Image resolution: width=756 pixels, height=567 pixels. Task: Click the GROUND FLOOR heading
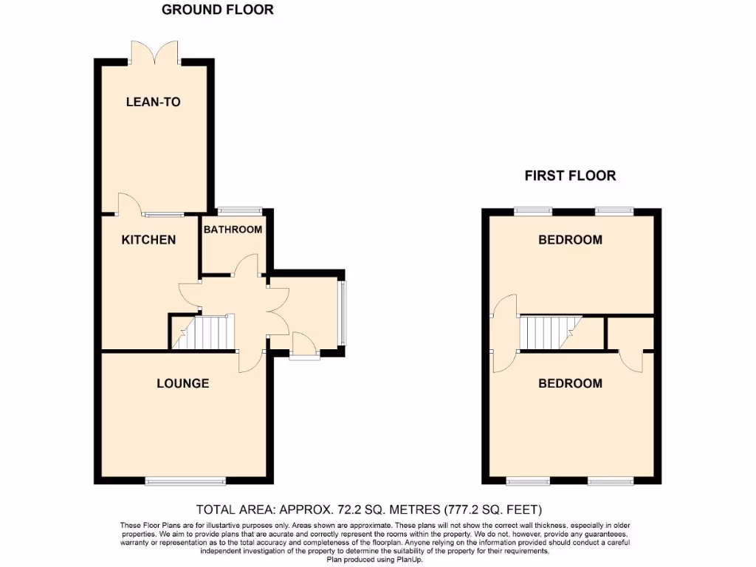217,10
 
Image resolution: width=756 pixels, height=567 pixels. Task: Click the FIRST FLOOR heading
570,176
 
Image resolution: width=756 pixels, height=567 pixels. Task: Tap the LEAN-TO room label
153,102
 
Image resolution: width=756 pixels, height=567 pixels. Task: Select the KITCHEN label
148,240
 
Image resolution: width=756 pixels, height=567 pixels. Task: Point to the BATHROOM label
233,230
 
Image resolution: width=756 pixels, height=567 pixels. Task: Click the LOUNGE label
182,383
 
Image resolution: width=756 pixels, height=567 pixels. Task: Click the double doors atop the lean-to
154,52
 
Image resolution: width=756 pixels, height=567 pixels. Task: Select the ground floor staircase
202,331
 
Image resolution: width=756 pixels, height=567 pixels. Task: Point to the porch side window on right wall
341,313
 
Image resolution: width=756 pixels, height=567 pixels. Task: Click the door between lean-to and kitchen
127,204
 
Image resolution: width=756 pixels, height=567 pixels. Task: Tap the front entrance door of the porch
302,346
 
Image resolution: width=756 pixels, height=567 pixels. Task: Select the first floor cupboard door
629,360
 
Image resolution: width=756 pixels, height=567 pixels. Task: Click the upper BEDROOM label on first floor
570,240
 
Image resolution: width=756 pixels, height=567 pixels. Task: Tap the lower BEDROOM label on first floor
570,383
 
